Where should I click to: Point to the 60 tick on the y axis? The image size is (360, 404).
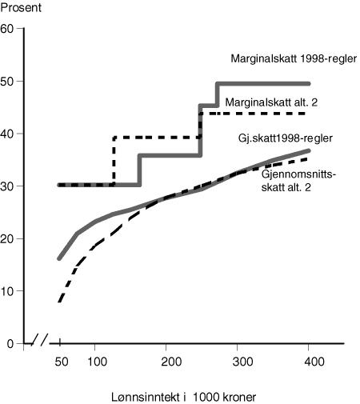pyautogui.click(x=8, y=29)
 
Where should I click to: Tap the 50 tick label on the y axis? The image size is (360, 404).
pyautogui.click(x=8, y=82)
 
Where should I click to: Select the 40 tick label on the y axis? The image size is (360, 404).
pyautogui.click(x=8, y=134)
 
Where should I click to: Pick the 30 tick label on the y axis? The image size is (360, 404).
pyautogui.click(x=8, y=186)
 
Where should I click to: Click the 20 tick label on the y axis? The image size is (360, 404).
pyautogui.click(x=8, y=238)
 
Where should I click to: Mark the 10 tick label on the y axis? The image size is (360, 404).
pyautogui.click(x=8, y=290)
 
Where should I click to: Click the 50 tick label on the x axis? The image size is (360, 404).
pyautogui.click(x=61, y=362)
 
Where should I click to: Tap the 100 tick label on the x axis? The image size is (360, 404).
pyautogui.click(x=94, y=362)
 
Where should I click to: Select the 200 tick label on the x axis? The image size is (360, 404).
pyautogui.click(x=166, y=362)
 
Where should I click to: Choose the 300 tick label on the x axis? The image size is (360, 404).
pyautogui.click(x=239, y=362)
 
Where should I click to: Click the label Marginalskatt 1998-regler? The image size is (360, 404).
pyautogui.click(x=293, y=59)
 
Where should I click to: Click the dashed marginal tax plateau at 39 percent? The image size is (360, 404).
pyautogui.click(x=156, y=138)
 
